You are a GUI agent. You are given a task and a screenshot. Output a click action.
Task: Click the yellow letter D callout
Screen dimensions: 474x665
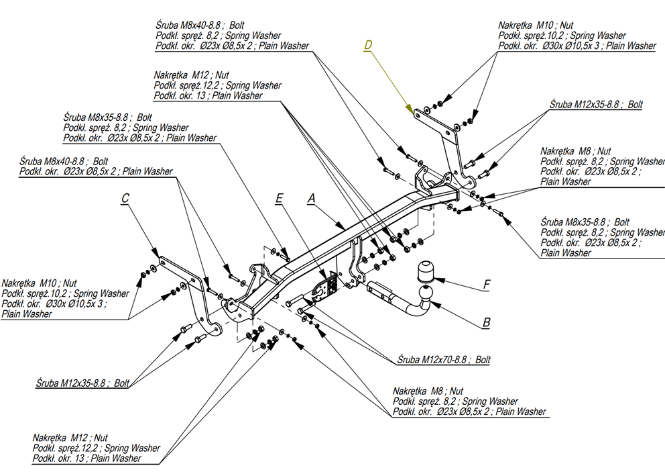coord(367,45)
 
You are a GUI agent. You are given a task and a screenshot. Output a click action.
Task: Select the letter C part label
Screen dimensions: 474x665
coord(125,198)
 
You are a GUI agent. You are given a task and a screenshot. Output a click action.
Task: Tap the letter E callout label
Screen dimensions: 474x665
coord(280,198)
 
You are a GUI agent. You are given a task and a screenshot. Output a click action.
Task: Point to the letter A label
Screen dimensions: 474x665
coord(310,198)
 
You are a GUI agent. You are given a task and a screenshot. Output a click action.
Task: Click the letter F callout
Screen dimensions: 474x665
coord(486,285)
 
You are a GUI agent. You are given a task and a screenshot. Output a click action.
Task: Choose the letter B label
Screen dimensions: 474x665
coord(486,323)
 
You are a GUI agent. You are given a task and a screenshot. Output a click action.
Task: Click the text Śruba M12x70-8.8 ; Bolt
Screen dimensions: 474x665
coord(443,360)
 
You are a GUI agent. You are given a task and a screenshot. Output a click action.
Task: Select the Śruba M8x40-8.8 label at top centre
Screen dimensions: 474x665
coord(190,26)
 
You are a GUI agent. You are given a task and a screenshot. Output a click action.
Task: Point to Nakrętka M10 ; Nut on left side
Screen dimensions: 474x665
coord(40,283)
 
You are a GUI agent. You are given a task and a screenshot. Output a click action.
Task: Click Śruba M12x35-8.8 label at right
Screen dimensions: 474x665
coord(596,105)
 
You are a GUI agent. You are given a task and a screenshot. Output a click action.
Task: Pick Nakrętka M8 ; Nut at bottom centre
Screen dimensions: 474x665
coord(428,391)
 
